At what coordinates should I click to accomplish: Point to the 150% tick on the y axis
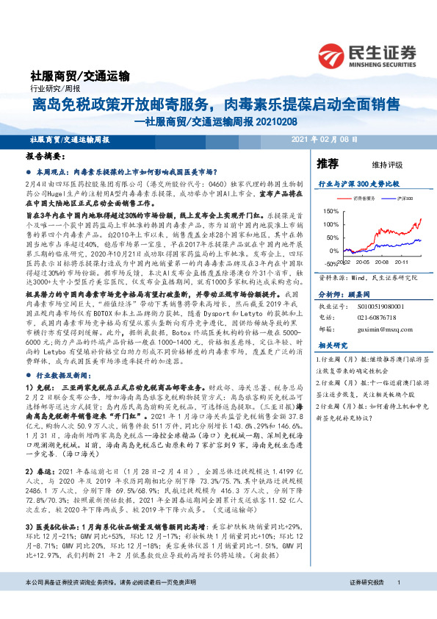330,211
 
